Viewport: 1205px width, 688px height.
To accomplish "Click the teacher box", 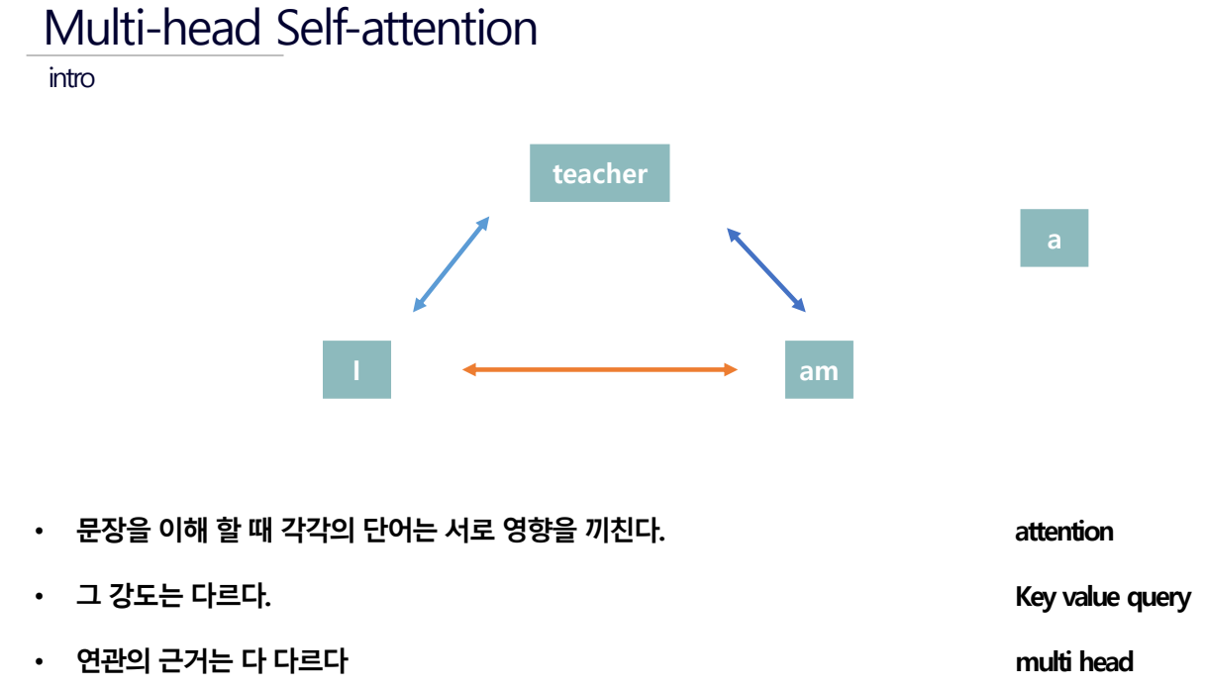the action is click(x=599, y=172).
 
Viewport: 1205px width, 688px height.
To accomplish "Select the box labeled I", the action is click(x=356, y=369).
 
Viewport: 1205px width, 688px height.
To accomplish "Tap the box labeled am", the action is click(x=819, y=369).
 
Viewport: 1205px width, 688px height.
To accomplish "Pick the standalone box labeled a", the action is click(x=1054, y=238).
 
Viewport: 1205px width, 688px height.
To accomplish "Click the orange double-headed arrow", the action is click(x=600, y=369).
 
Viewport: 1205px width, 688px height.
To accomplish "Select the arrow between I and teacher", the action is click(x=451, y=264).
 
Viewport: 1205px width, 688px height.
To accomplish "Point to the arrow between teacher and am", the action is click(x=766, y=269).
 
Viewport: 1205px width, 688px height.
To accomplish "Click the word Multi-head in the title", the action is click(x=152, y=28).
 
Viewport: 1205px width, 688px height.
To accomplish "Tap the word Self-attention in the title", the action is click(x=406, y=28).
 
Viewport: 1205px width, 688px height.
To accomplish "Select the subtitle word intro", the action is click(x=71, y=78).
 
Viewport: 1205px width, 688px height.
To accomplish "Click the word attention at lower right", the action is click(x=1064, y=532).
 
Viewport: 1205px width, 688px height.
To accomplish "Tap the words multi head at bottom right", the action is click(x=1074, y=661).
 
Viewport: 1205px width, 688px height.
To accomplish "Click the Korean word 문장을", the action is click(x=113, y=531).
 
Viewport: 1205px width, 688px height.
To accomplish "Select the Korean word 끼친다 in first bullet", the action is click(x=622, y=531).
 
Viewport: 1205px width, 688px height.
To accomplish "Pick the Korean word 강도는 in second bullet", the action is click(x=146, y=596).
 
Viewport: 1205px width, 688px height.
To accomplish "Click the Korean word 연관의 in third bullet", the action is click(x=113, y=661).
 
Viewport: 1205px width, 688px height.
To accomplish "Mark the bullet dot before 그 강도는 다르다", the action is click(x=39, y=597).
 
